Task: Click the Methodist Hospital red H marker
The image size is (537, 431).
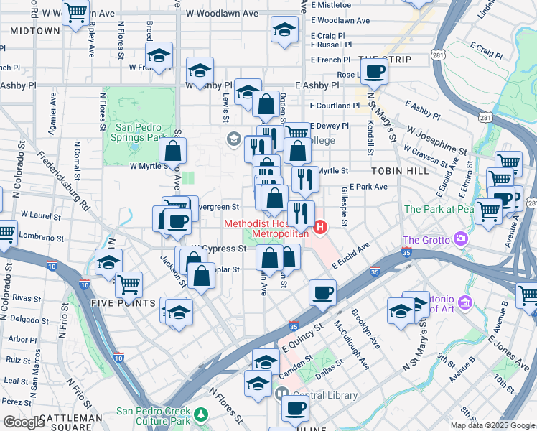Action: point(321,228)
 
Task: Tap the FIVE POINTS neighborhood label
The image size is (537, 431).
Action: point(123,303)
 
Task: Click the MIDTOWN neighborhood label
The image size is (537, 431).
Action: point(35,31)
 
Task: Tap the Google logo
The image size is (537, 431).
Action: point(24,422)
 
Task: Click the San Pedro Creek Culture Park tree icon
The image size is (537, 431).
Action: point(202,414)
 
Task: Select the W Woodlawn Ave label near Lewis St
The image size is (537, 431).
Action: point(221,14)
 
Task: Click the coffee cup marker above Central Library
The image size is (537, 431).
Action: point(294,408)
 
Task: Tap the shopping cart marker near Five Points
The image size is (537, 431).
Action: point(129,284)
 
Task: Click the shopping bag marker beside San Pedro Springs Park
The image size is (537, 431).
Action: point(172,151)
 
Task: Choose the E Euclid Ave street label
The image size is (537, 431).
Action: point(350,255)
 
